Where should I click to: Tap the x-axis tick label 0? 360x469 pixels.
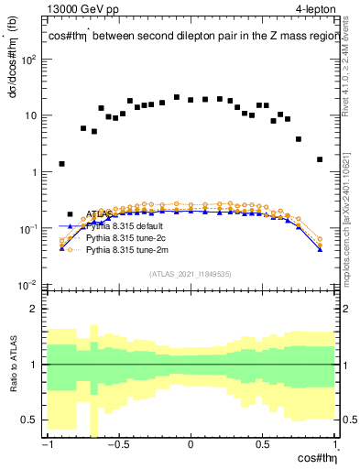click(x=191, y=445)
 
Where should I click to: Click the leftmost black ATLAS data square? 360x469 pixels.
click(x=61, y=164)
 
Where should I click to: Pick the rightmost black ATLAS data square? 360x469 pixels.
click(x=320, y=159)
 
